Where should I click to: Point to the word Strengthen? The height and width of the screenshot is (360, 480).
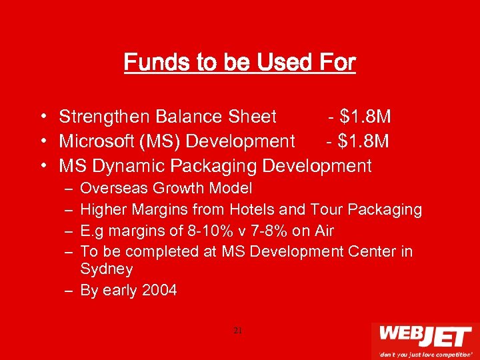point(104,117)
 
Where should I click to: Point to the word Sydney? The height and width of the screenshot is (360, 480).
point(107,269)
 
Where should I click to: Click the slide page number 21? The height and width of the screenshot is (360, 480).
point(239,331)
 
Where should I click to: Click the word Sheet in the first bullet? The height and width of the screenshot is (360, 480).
point(252,117)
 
